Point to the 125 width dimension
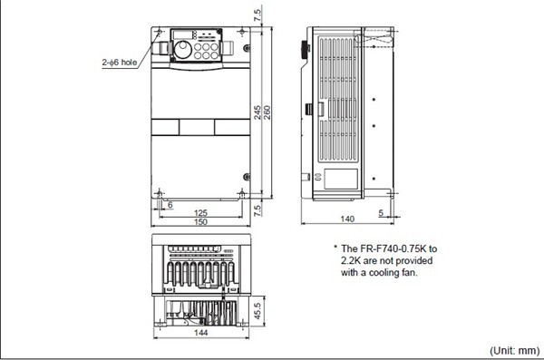[199, 213]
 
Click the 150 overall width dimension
[199, 222]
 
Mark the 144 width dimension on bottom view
[200, 334]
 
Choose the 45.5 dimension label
[260, 308]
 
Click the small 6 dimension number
[170, 205]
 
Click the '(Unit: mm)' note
[514, 350]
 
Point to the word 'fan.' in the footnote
[407, 271]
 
